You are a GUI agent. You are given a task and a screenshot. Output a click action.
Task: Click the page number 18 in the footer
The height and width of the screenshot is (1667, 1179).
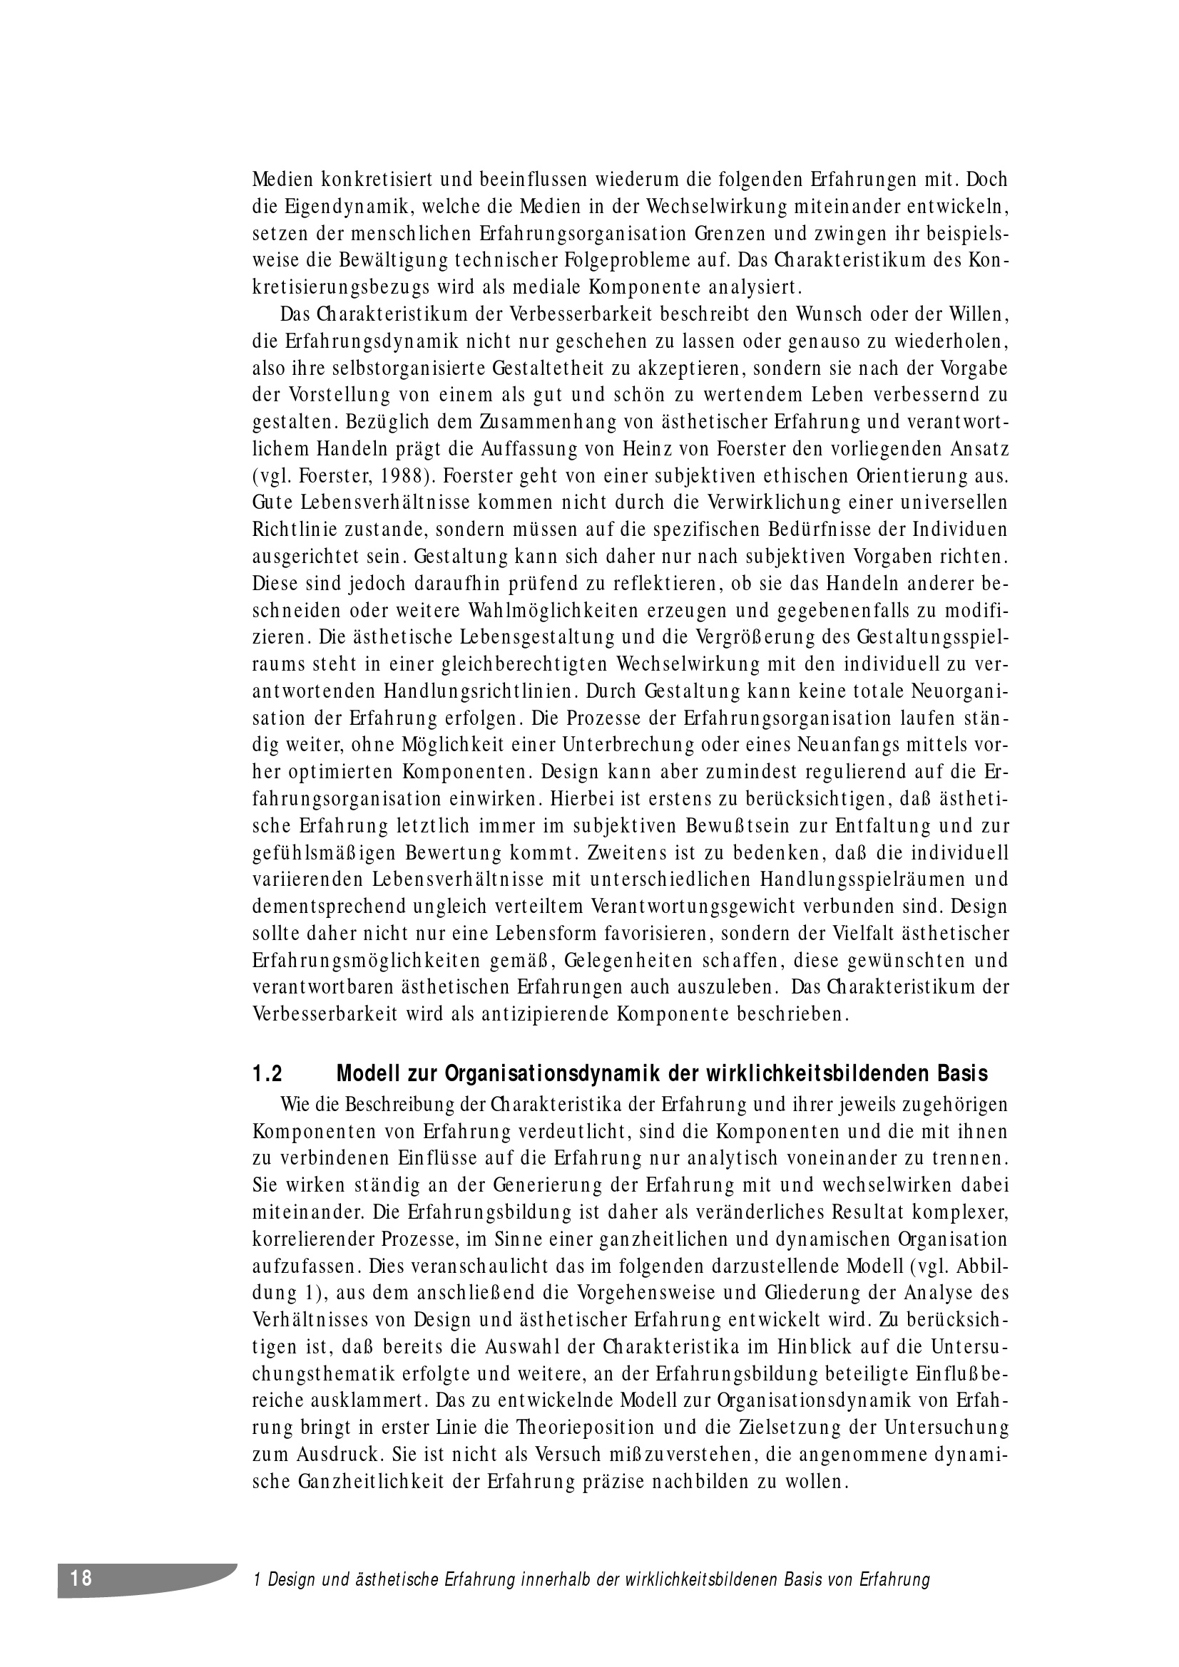coord(81,1578)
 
